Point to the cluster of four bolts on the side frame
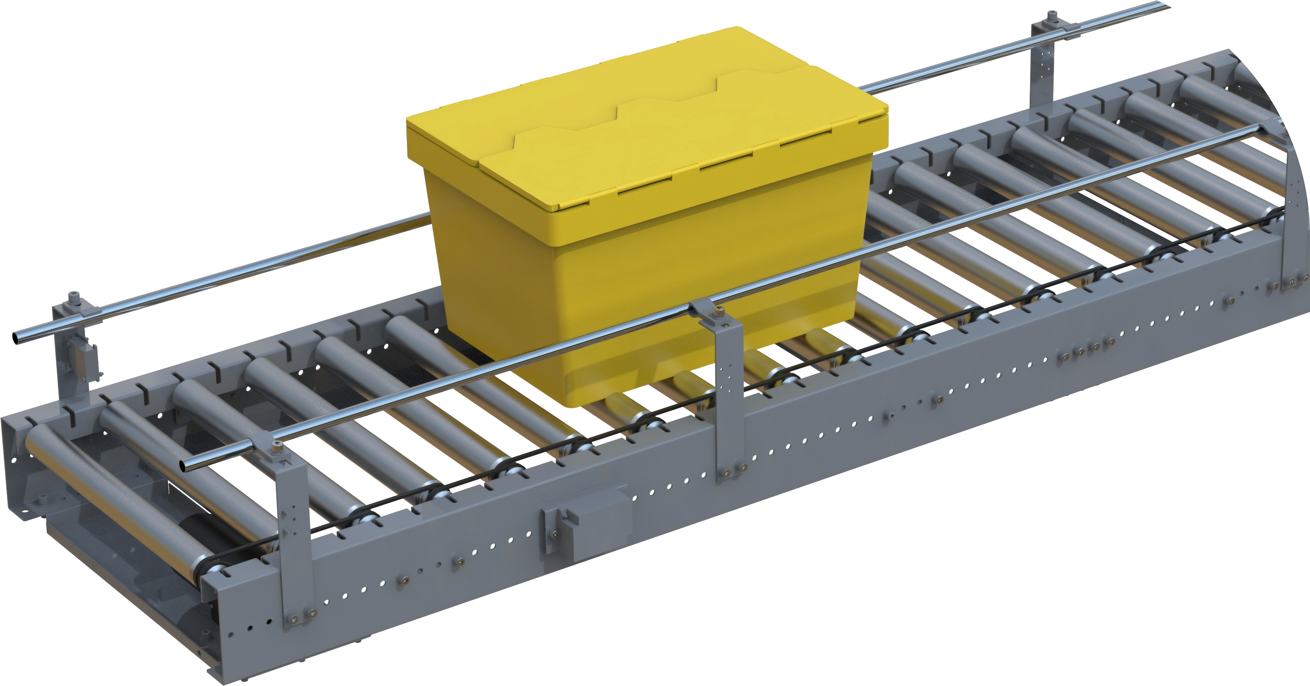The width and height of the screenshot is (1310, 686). [x=1081, y=351]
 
